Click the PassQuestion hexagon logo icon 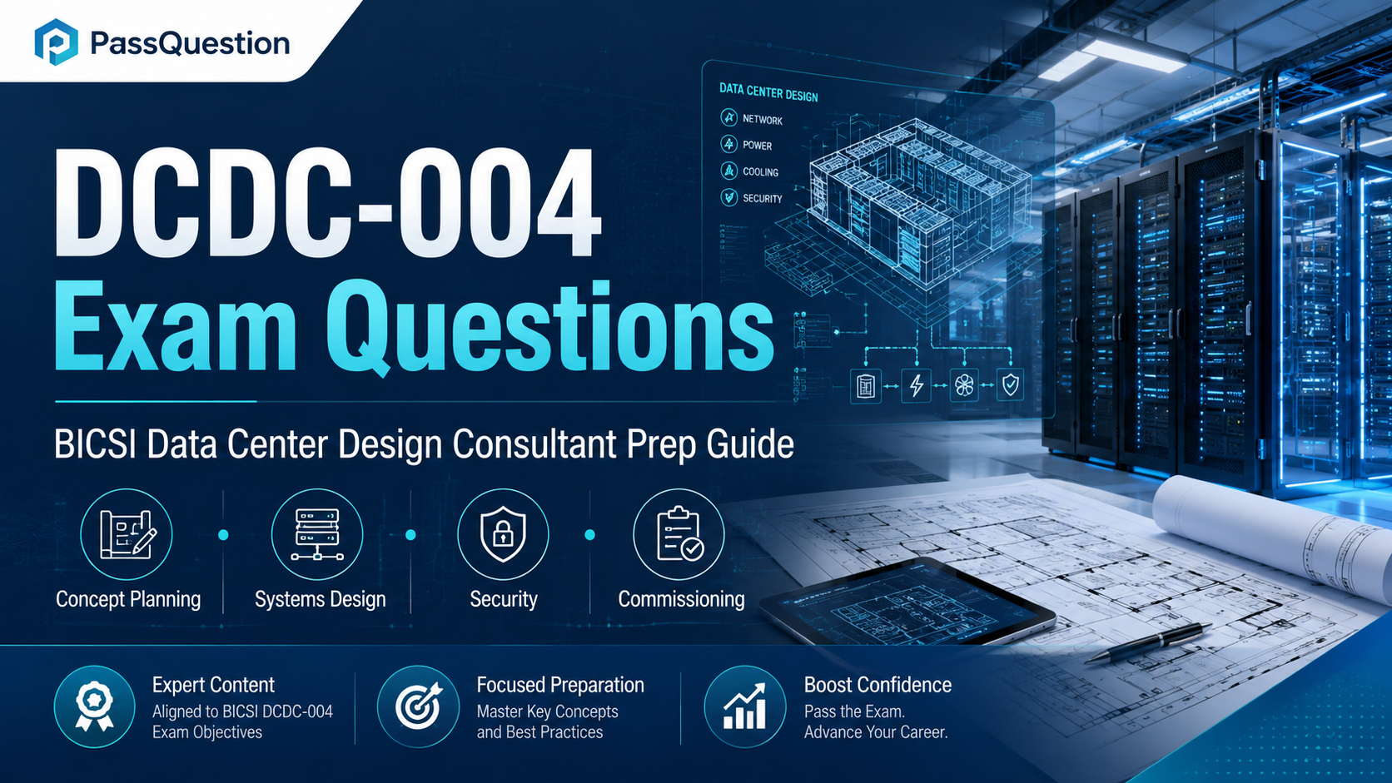56,42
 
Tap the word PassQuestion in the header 190,43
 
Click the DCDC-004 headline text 327,202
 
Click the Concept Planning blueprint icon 127,534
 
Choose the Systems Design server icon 317,534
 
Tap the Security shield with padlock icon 503,534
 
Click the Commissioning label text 681,599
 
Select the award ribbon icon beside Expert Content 94,706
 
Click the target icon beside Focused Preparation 418,706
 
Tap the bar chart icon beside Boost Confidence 744,706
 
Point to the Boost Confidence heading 877,685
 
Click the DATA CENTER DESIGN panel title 768,92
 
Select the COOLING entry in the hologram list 761,172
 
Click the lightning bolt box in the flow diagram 916,385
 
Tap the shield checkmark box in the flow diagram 1011,385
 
